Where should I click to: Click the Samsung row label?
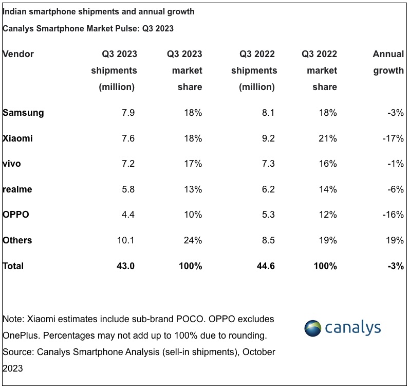23,113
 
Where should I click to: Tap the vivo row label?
12,164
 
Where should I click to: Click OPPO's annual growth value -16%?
393,215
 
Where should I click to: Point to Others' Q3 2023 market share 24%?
193,240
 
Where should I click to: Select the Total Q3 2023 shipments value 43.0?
126,266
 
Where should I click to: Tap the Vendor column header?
18,54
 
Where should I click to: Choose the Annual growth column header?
388,62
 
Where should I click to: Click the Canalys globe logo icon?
313,328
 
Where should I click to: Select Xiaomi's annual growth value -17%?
393,138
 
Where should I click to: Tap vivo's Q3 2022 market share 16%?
327,164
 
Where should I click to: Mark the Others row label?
17,240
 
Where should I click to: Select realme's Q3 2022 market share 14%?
327,189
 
